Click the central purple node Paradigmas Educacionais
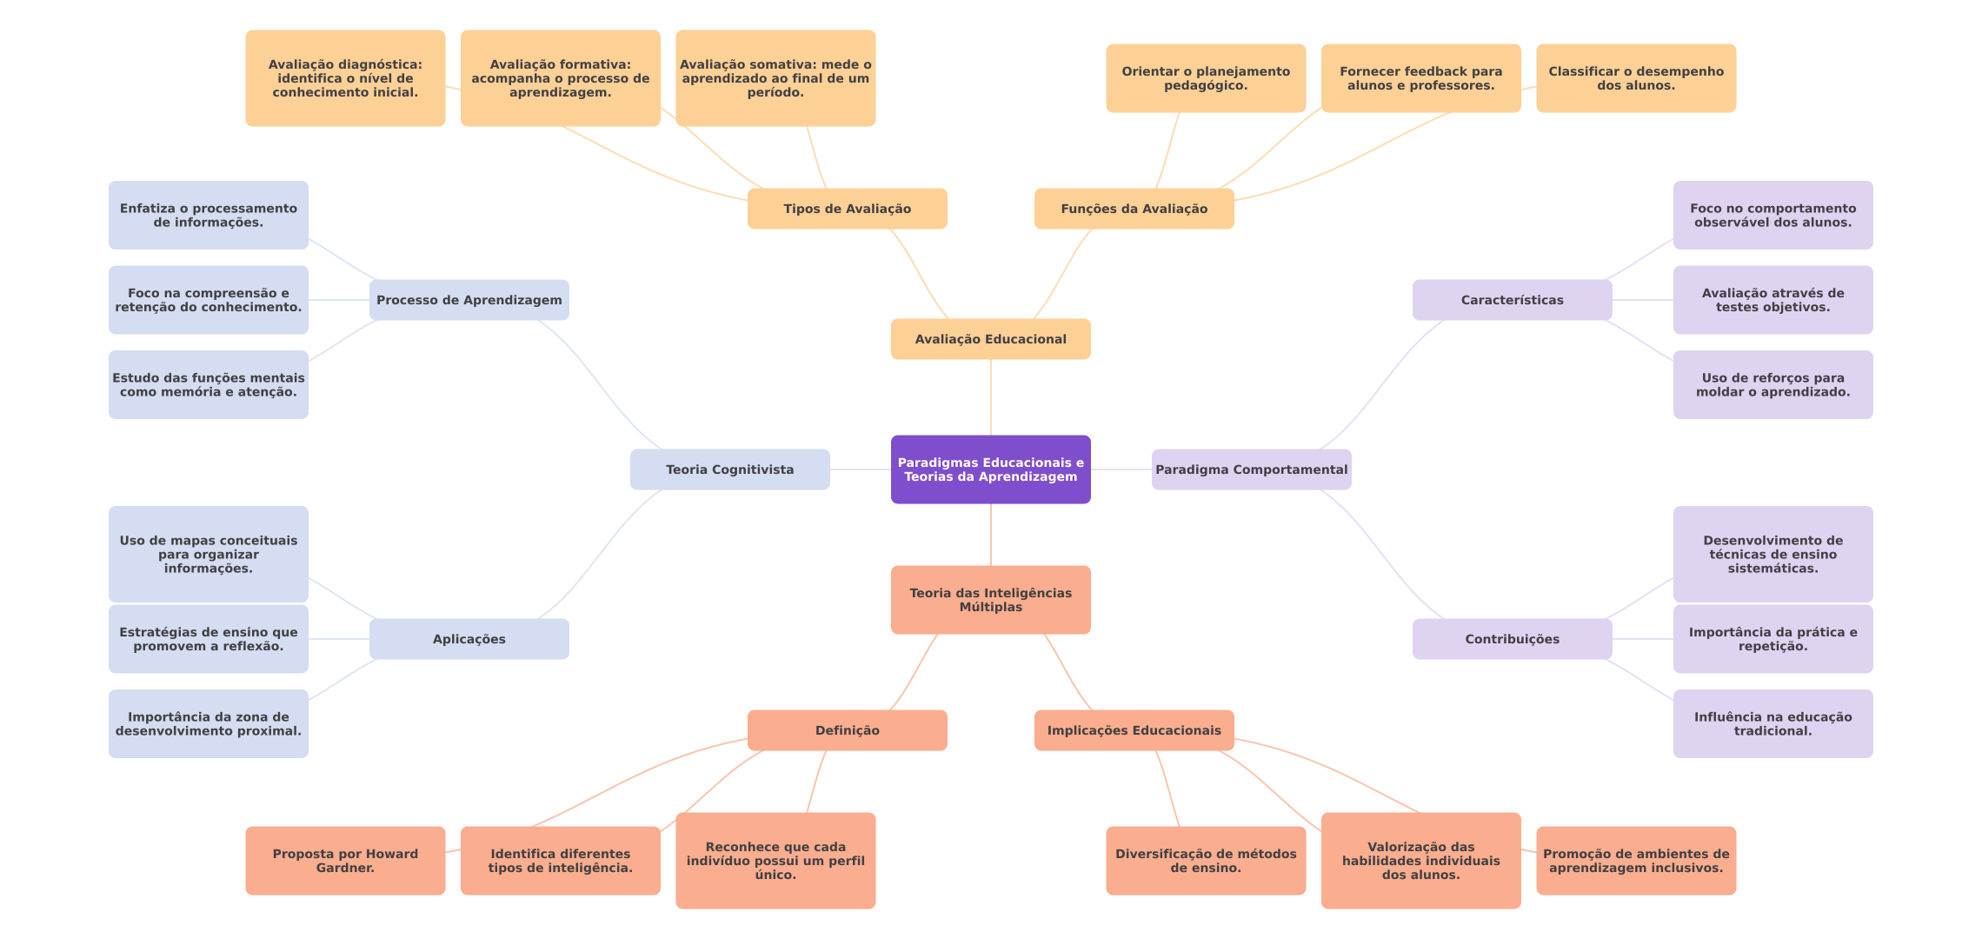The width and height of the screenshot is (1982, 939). pos(990,469)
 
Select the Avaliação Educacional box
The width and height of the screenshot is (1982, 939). pos(990,339)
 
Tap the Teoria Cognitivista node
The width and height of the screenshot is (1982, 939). pos(729,469)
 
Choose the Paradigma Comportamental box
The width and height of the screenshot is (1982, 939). pos(1251,469)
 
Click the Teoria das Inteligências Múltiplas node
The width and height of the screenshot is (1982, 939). pos(990,600)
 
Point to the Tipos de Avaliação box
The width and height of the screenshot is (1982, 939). pos(847,209)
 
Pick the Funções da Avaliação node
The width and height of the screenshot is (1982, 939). pos(1134,209)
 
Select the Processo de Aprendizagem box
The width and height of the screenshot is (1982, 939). pos(469,300)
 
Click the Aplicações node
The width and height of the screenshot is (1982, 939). pos(469,639)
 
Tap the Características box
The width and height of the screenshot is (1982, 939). pos(1512,300)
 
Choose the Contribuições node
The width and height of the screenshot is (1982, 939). pos(1512,639)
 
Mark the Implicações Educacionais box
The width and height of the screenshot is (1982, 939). pos(1134,730)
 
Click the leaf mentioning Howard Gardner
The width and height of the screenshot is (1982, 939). pos(345,861)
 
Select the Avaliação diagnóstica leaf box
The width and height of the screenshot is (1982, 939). pos(345,78)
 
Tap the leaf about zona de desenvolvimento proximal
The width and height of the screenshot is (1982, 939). pos(208,723)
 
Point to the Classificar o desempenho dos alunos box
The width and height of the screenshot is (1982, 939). pos(1635,78)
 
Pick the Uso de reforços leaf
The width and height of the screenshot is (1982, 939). pos(1772,384)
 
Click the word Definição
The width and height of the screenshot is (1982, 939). pos(847,730)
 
